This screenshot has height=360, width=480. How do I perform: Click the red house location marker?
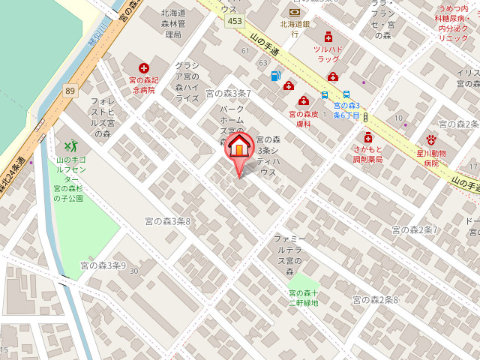pyautogui.click(x=239, y=146)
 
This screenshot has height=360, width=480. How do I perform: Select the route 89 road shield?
pyautogui.click(x=70, y=91)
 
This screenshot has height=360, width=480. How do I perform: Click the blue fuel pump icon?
pyautogui.click(x=275, y=76)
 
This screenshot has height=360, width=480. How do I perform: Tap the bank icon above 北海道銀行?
pyautogui.click(x=293, y=12)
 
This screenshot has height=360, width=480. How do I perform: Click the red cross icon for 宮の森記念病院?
pyautogui.click(x=143, y=67)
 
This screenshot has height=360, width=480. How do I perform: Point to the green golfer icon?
pyautogui.click(x=70, y=145)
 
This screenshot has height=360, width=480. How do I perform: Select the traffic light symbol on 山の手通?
pyautogui.click(x=364, y=117)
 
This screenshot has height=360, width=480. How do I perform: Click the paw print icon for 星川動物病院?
pyautogui.click(x=431, y=139)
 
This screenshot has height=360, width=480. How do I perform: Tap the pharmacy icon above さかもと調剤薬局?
pyautogui.click(x=367, y=137)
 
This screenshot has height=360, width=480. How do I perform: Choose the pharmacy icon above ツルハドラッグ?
pyautogui.click(x=328, y=37)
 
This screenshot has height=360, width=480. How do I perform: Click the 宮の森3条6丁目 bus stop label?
pyautogui.click(x=346, y=110)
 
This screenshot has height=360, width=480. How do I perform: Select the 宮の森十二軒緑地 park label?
pyautogui.click(x=304, y=298)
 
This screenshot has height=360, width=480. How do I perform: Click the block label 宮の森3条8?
pyautogui.click(x=168, y=221)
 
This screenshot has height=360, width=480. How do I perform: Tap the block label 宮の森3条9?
pyautogui.click(x=103, y=265)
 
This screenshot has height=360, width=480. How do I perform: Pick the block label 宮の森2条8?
pyautogui.click(x=376, y=299)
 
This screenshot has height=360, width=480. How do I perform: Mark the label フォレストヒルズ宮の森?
pyautogui.click(x=102, y=117)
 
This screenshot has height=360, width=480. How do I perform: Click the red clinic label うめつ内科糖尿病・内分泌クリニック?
pyautogui.click(x=453, y=22)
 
